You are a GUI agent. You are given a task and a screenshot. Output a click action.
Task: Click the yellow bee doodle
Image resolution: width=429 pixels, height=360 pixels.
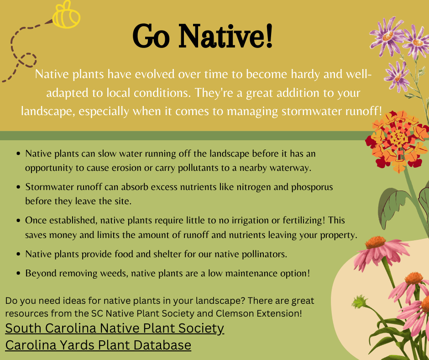click(66, 15)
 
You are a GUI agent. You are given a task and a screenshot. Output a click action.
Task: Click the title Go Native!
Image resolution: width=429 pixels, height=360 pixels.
click(203, 36)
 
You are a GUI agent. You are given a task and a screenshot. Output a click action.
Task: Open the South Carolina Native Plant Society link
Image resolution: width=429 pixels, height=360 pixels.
click(115, 328)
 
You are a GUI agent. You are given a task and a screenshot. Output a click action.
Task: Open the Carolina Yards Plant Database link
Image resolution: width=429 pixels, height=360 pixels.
click(98, 345)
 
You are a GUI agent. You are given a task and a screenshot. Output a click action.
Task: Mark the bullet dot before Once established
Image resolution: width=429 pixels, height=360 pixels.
click(18, 221)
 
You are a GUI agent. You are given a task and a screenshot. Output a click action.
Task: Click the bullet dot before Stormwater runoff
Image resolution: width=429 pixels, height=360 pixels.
click(18, 187)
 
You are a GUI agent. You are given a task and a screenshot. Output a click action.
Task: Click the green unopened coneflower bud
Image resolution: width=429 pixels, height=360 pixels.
click(359, 302)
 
